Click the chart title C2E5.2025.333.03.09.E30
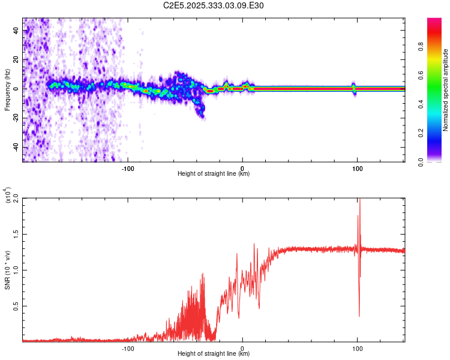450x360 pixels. (x=214, y=6)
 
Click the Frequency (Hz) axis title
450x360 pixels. (x=7, y=90)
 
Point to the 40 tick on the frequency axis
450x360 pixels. (x=16, y=30)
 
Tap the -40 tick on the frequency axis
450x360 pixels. (x=16, y=148)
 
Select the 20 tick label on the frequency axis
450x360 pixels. (x=16, y=59)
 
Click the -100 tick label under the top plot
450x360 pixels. (x=127, y=168)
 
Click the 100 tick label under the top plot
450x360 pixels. (x=357, y=168)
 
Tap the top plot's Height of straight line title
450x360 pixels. (x=214, y=174)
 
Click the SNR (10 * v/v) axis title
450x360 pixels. (x=8, y=270)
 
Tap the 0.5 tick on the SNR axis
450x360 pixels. (x=16, y=305)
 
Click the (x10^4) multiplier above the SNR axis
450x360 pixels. (x=8, y=195)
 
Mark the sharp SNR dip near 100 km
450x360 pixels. (x=359, y=315)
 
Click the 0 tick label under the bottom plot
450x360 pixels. (x=242, y=348)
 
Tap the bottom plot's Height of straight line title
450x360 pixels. (x=214, y=354)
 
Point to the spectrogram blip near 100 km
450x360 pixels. (x=354, y=88)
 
